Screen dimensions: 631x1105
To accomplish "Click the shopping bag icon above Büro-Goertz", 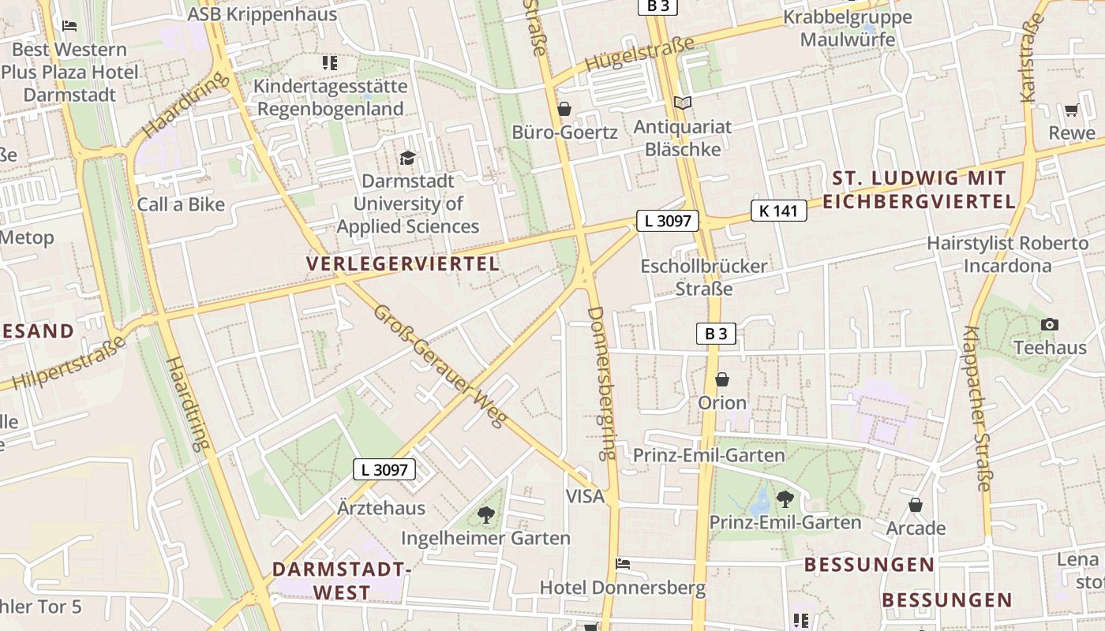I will coord(564,109).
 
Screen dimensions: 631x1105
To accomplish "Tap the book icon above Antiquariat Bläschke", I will coord(683,103).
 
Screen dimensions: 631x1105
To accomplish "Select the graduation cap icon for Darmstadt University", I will coord(407,159).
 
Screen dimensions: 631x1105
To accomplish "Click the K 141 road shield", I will coord(778,211).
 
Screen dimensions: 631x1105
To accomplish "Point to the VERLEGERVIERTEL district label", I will coord(403,264).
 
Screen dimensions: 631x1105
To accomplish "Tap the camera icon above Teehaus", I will coord(1049,324).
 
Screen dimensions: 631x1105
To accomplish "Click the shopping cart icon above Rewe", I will coord(1071,110).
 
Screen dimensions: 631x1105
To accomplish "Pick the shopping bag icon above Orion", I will coord(721,380).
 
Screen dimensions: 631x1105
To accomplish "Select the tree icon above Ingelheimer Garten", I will coord(485,516).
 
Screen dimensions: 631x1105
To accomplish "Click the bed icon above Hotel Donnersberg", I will coord(622,564).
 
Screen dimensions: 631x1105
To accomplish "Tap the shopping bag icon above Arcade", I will coord(916,505).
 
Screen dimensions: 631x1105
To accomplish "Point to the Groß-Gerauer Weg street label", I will coord(439,366).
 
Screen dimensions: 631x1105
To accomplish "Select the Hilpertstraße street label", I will coord(70,364).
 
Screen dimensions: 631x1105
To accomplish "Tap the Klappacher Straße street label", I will coord(977,409).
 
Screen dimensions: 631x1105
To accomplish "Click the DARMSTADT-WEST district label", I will coord(342,581).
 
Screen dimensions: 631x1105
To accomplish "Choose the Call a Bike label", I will coord(181,204).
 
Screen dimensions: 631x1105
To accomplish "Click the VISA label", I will coord(585,496).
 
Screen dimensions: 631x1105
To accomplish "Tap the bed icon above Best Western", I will coord(69,26).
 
